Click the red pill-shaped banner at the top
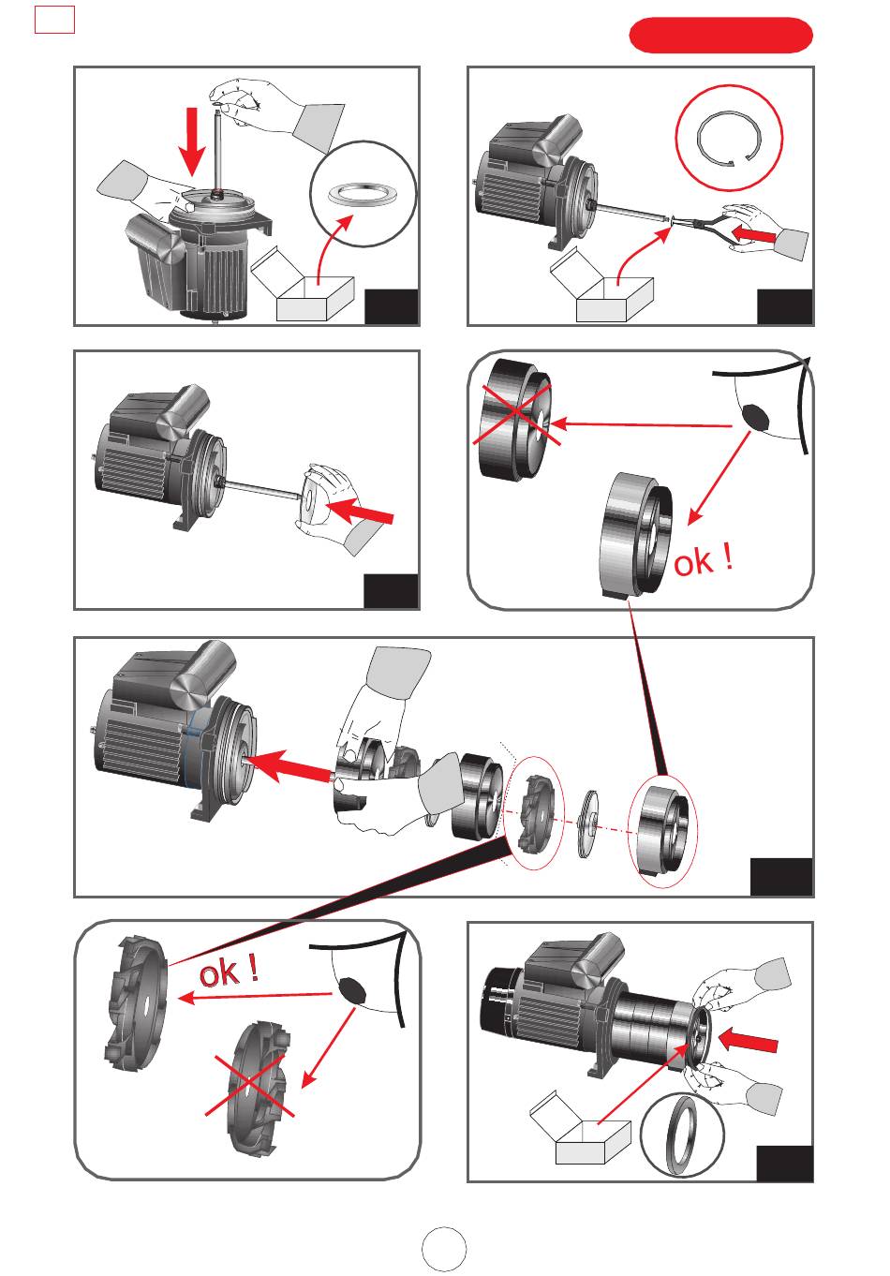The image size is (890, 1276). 720,36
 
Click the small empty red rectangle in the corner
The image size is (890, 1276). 54,20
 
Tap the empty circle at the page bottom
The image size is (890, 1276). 444,1249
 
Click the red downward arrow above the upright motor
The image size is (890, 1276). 192,141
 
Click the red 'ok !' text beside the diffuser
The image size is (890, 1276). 703,559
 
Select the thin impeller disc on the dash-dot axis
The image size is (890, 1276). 587,823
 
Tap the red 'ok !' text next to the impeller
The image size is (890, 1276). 229,972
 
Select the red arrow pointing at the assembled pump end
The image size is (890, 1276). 749,1042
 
